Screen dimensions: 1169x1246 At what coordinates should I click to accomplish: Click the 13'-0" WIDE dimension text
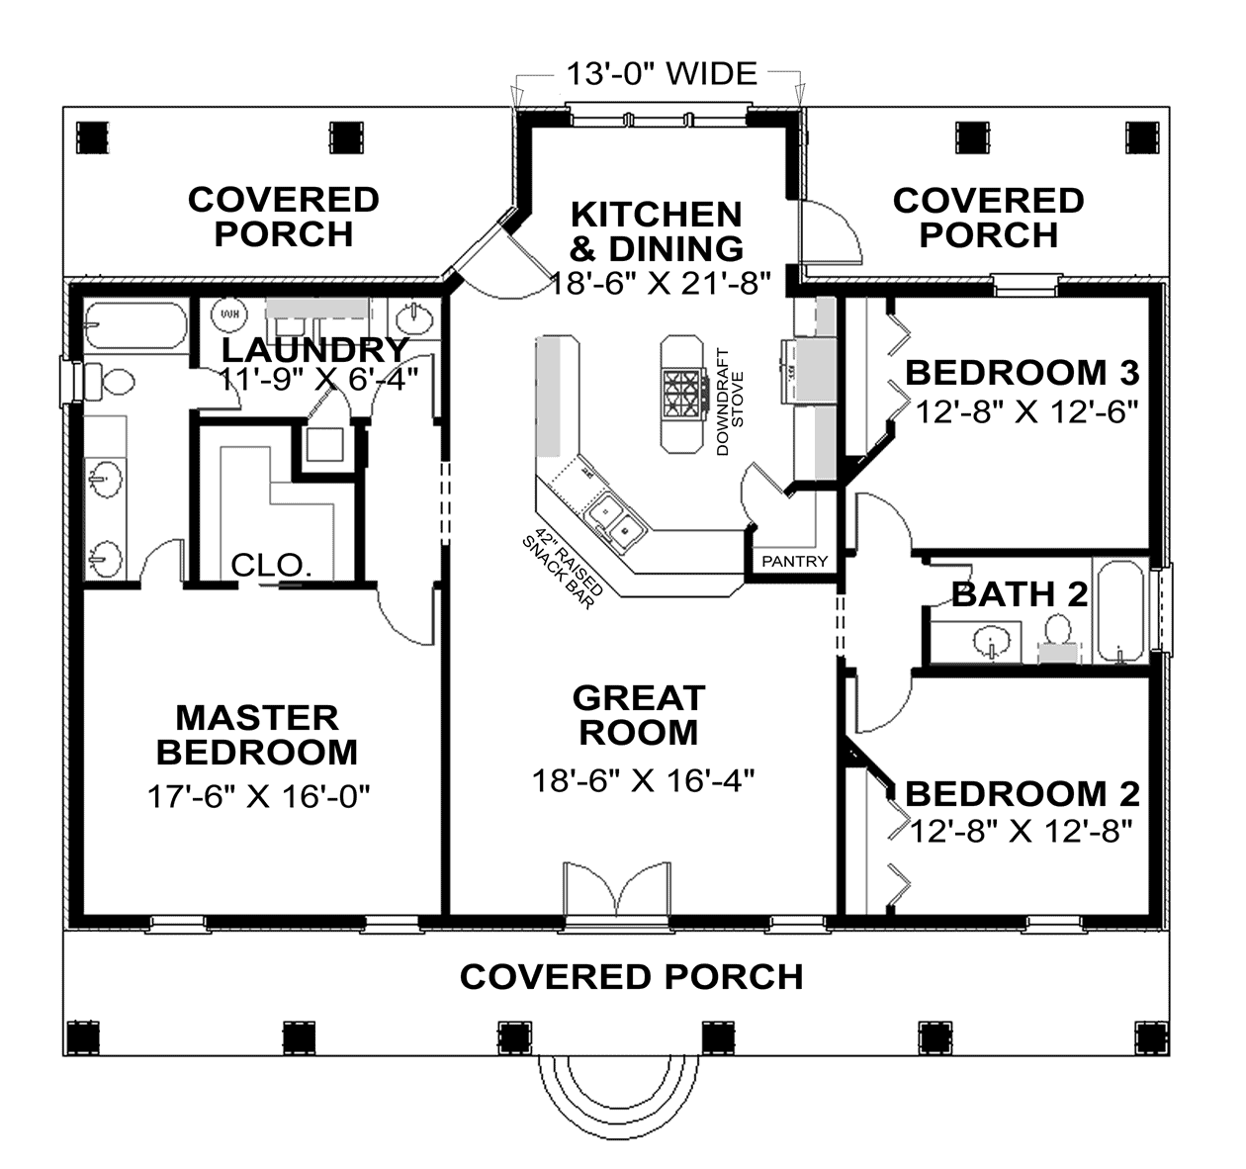[661, 74]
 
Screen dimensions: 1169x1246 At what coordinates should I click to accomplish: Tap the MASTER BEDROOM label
[257, 734]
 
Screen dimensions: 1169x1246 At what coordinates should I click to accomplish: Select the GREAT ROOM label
[639, 715]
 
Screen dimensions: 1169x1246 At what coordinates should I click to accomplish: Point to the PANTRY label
[794, 561]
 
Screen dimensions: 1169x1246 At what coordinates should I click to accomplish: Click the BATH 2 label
[1019, 594]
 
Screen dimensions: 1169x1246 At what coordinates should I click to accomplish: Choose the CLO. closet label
[272, 566]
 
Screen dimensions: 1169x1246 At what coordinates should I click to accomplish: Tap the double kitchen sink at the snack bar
[614, 522]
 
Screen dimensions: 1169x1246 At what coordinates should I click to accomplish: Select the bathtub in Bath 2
[1120, 610]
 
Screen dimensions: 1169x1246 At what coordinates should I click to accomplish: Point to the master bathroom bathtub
[134, 325]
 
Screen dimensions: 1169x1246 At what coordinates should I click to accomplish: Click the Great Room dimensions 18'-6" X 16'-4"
[643, 780]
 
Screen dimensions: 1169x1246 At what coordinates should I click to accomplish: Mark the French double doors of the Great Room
[617, 895]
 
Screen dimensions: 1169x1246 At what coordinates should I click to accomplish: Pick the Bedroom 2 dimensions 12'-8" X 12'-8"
[1021, 831]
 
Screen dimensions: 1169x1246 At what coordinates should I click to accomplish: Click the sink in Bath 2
[990, 644]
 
